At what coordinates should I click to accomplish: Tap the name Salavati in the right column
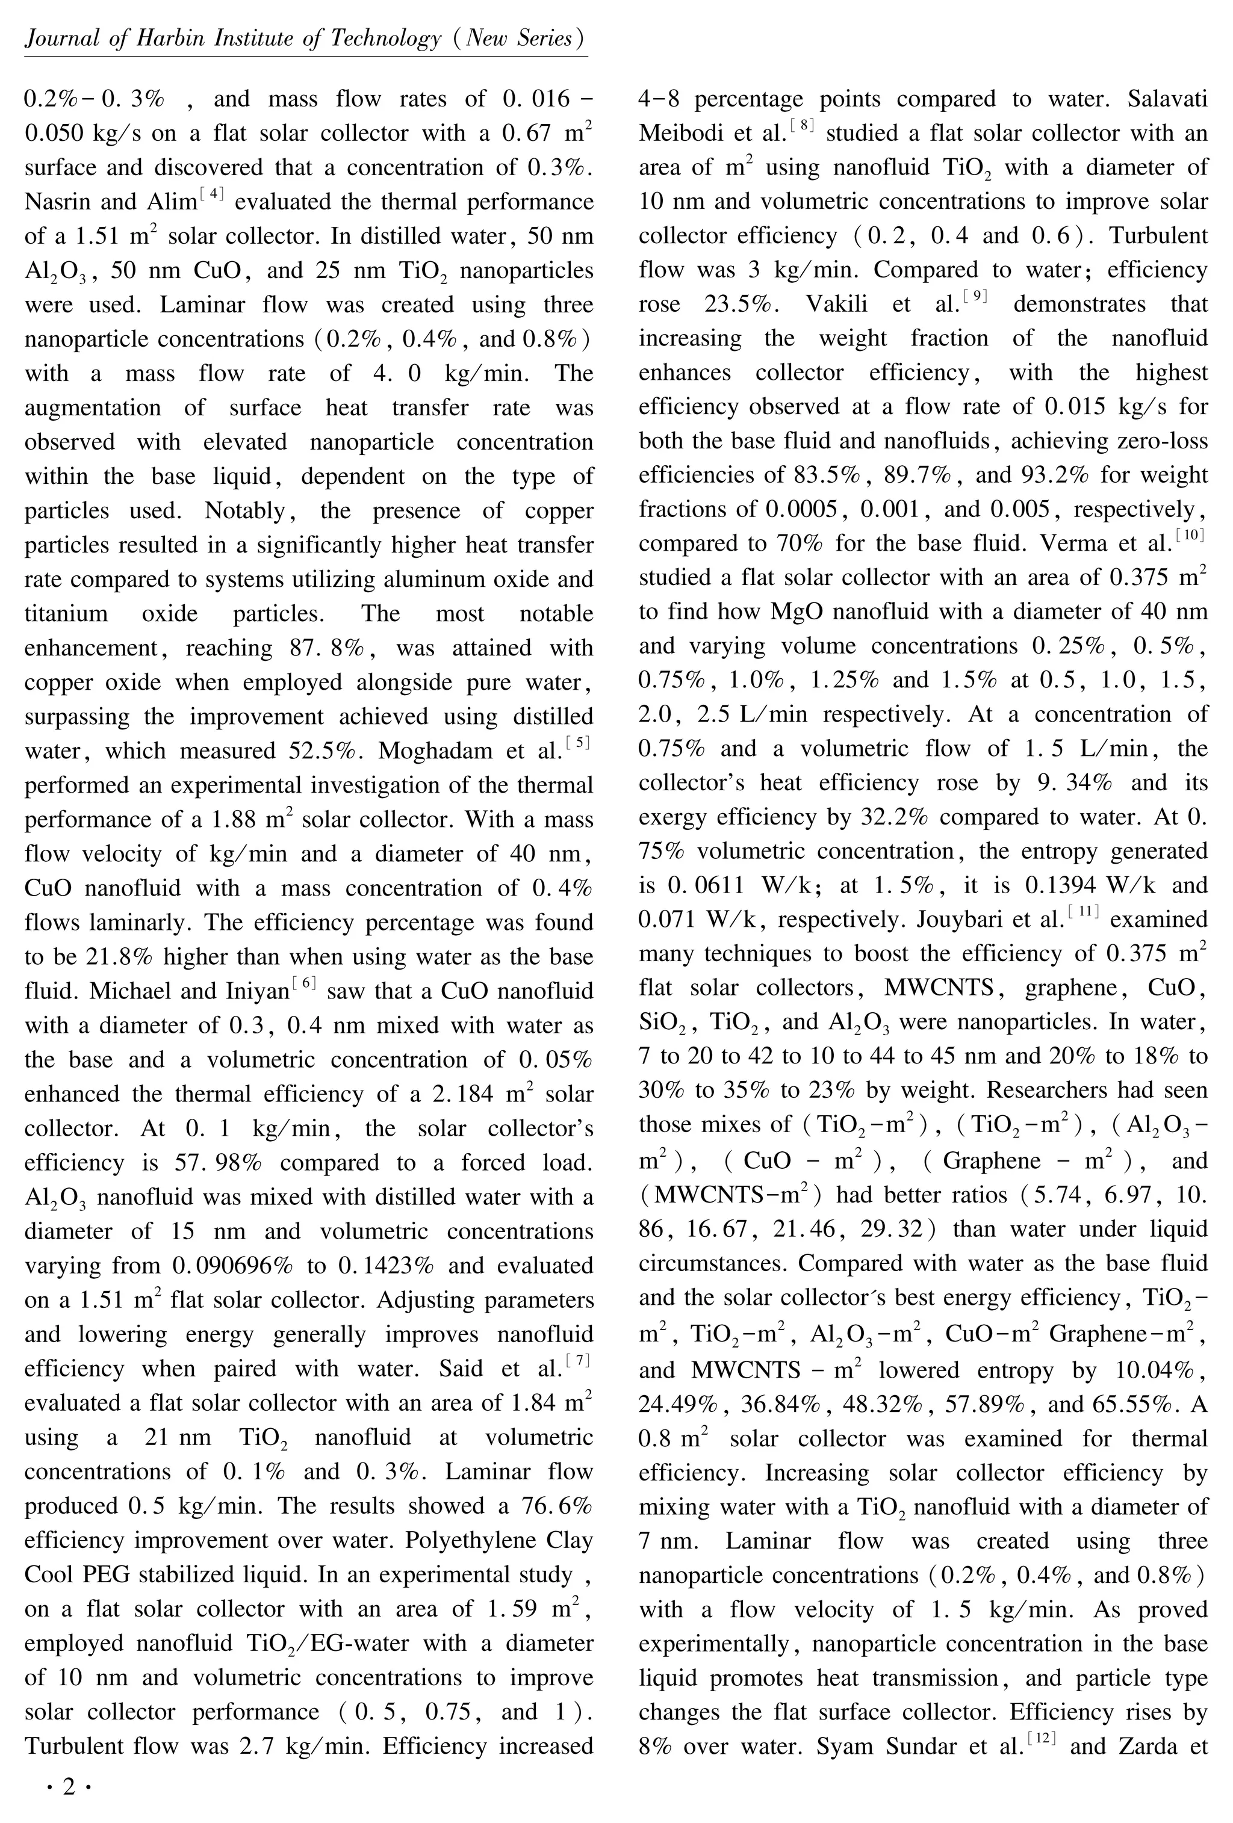[x=1168, y=99]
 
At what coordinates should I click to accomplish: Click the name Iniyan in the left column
[x=256, y=991]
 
